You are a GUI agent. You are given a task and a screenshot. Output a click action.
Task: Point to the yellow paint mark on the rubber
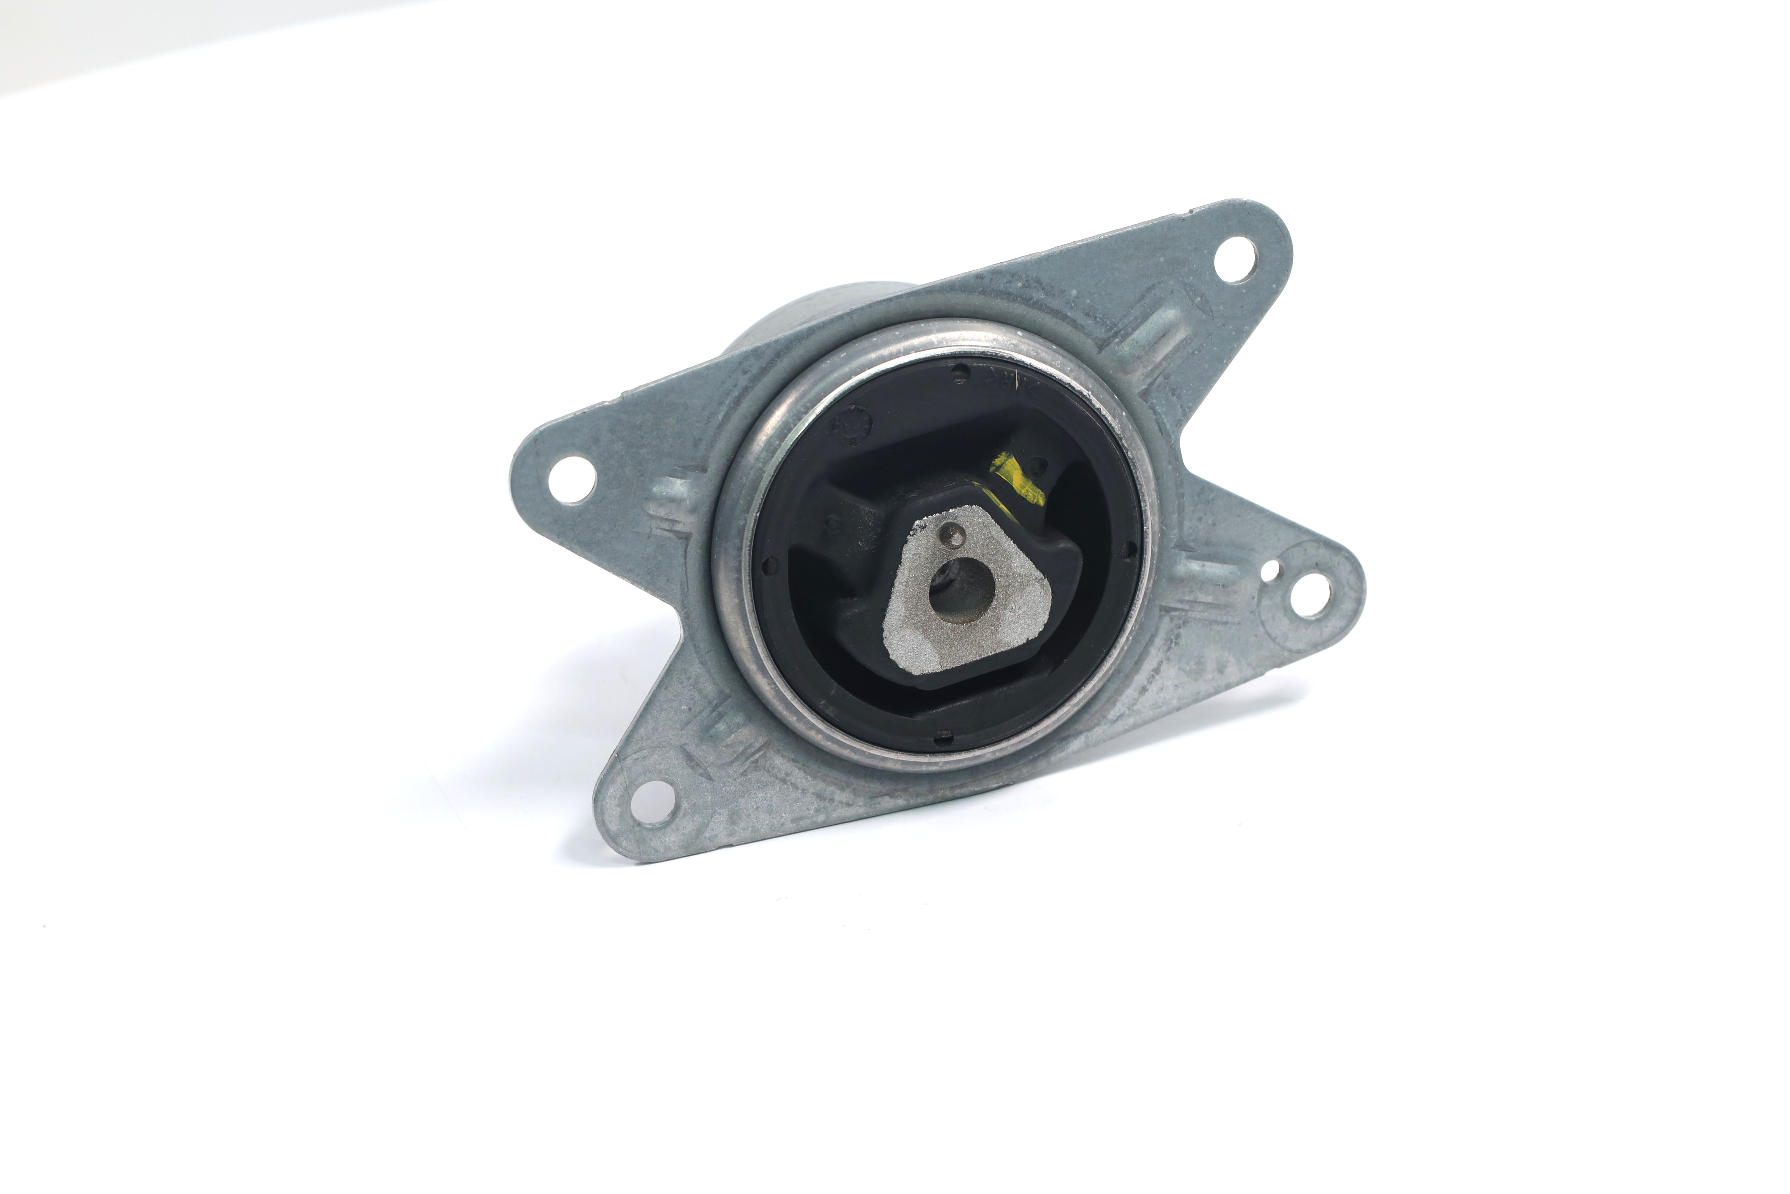tap(1016, 477)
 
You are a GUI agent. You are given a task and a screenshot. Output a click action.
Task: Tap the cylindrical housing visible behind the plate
tap(807, 320)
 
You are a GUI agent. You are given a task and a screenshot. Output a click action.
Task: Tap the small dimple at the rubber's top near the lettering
tap(960, 373)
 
